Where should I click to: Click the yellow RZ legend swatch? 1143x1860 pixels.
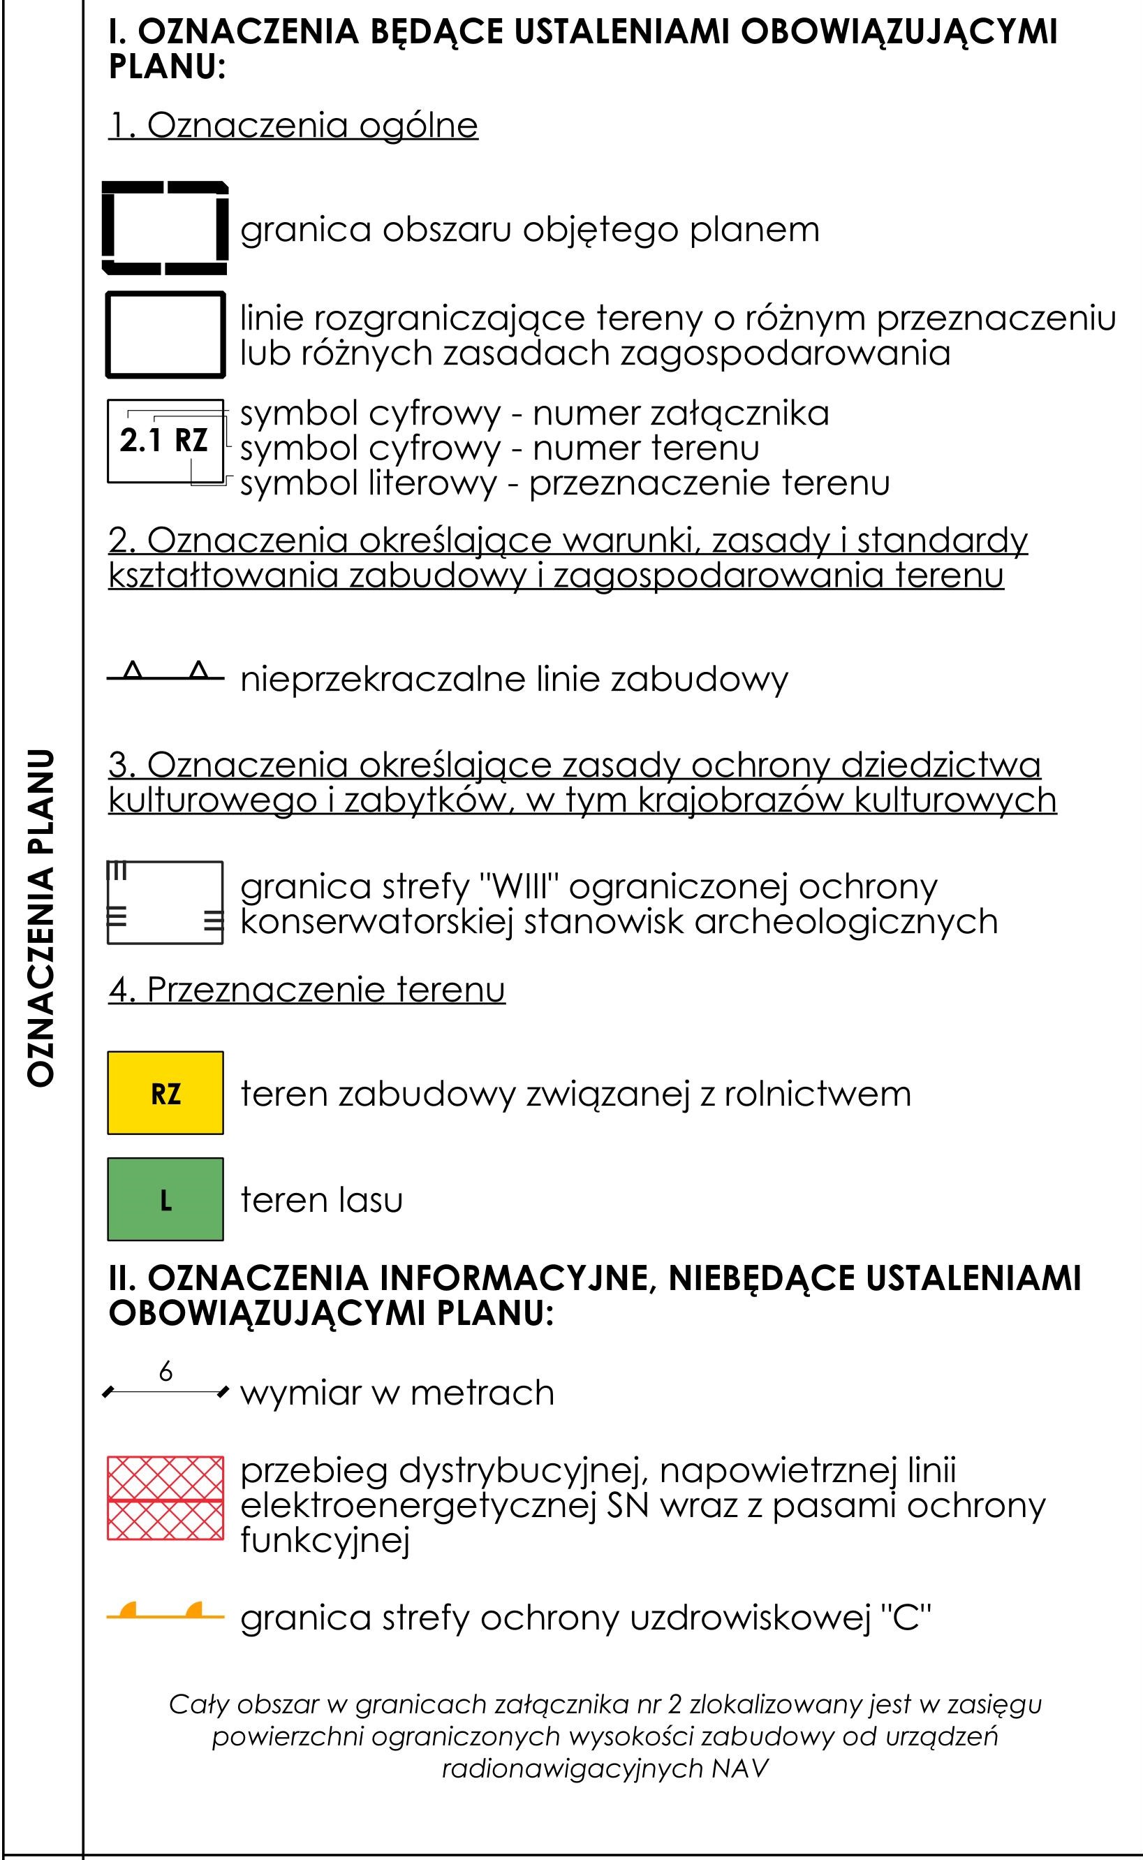(x=165, y=1092)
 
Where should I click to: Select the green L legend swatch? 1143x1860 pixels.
(x=165, y=1199)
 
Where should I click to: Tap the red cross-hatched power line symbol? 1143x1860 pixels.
(x=165, y=1497)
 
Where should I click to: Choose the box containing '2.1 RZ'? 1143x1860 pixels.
(x=165, y=440)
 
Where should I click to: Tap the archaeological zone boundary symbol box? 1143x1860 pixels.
(x=165, y=902)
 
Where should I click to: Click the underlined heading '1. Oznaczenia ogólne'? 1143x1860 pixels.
(x=293, y=126)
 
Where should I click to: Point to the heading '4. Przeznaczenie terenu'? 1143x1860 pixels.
(x=307, y=989)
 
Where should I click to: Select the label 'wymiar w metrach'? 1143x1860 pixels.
(x=397, y=1392)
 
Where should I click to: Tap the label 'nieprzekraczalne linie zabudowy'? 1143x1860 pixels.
(x=514, y=679)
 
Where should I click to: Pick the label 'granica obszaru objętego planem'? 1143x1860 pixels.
(x=529, y=229)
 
